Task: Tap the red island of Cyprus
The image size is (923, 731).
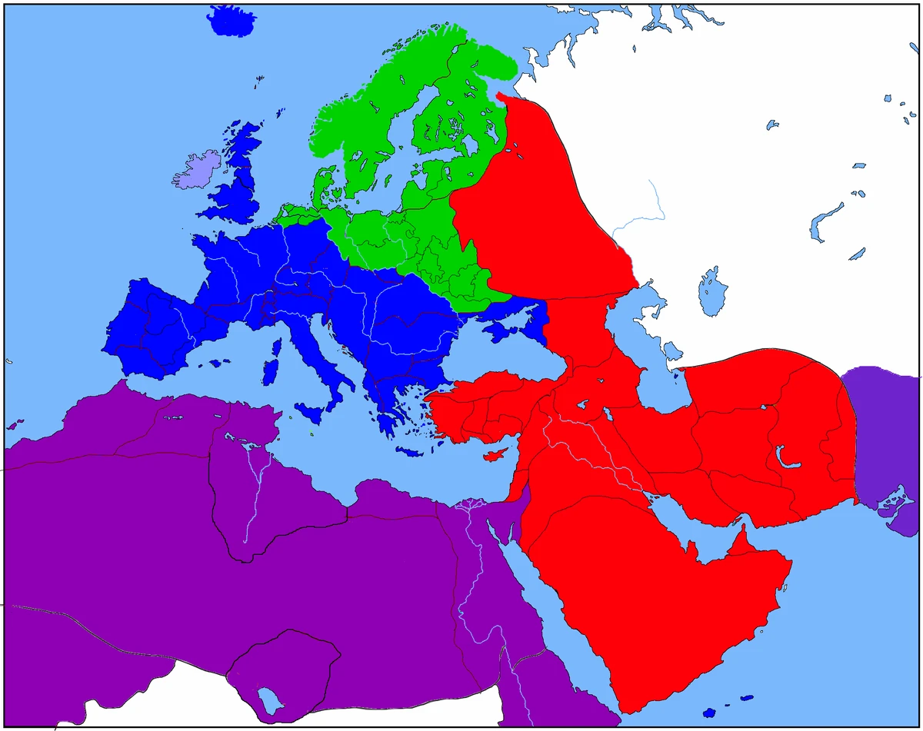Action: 493,455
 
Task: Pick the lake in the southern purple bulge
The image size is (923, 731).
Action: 268,699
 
